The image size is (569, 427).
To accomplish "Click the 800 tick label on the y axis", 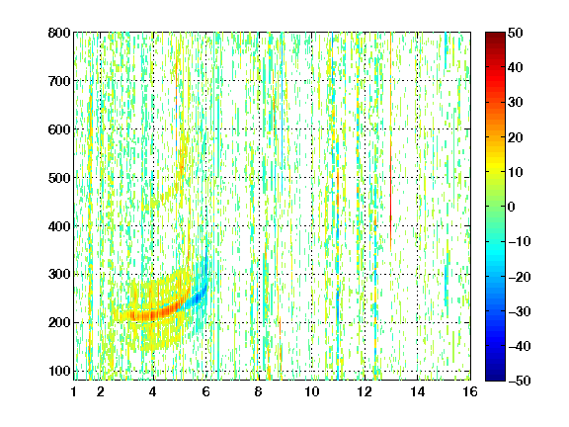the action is coord(59,33).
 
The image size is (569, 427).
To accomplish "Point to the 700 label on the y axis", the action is coord(59,81).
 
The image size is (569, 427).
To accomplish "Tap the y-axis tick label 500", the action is coord(59,178).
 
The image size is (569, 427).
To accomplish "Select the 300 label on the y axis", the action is coord(59,275).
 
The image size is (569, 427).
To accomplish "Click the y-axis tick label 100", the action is coord(59,371).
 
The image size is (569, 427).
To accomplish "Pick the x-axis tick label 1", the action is coord(74,391).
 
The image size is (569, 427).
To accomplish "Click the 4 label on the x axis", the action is coord(153,391).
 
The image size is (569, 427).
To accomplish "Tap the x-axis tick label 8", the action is coord(259,391).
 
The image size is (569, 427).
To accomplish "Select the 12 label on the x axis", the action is coord(365,391).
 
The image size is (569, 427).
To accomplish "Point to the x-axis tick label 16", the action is coord(470,391).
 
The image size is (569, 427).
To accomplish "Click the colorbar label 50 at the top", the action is coord(516,33).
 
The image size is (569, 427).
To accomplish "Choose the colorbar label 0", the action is coord(512,207).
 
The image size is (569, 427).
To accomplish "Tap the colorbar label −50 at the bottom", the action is coord(520,381).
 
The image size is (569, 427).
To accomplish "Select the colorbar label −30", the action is coord(520,311).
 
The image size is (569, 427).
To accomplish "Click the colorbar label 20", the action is coord(516,137).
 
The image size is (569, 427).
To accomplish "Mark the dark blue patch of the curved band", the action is coord(198,299).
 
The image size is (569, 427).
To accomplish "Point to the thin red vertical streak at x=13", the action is coord(391,182).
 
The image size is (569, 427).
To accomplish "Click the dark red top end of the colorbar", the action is coord(495,36).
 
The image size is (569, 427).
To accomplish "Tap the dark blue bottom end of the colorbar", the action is coord(495,377).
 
